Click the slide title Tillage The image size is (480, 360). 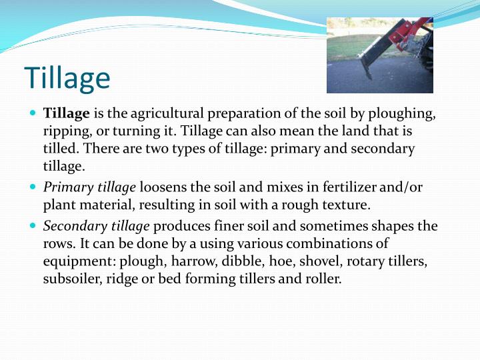(x=67, y=78)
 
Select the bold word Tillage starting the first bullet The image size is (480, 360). (x=67, y=114)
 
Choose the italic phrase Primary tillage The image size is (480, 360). (x=89, y=188)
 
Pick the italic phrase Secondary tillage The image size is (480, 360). (x=97, y=226)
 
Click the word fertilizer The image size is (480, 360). (x=347, y=188)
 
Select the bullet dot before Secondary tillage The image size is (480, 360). (x=34, y=225)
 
